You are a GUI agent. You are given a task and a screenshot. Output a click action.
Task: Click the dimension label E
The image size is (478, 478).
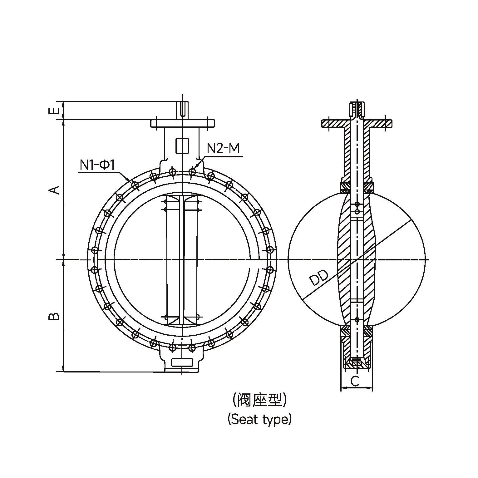pyautogui.click(x=54, y=111)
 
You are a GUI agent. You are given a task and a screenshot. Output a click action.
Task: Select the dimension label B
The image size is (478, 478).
pyautogui.click(x=54, y=316)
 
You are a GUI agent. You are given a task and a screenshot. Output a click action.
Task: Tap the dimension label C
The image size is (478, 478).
pyautogui.click(x=355, y=381)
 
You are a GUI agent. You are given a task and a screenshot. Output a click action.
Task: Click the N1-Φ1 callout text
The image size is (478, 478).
pyautogui.click(x=97, y=165)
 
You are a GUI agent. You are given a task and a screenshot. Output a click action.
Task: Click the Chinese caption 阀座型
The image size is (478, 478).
pyautogui.click(x=259, y=400)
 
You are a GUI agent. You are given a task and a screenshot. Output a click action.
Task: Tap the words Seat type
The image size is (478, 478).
pyautogui.click(x=259, y=419)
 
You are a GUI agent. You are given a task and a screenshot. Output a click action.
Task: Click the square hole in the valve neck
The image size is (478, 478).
pyautogui.click(x=182, y=145)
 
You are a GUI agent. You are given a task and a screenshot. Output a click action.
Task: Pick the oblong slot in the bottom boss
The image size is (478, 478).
pyautogui.click(x=182, y=362)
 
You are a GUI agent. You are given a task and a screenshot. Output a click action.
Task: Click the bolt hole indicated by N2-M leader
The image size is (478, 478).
pyautogui.click(x=192, y=171)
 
